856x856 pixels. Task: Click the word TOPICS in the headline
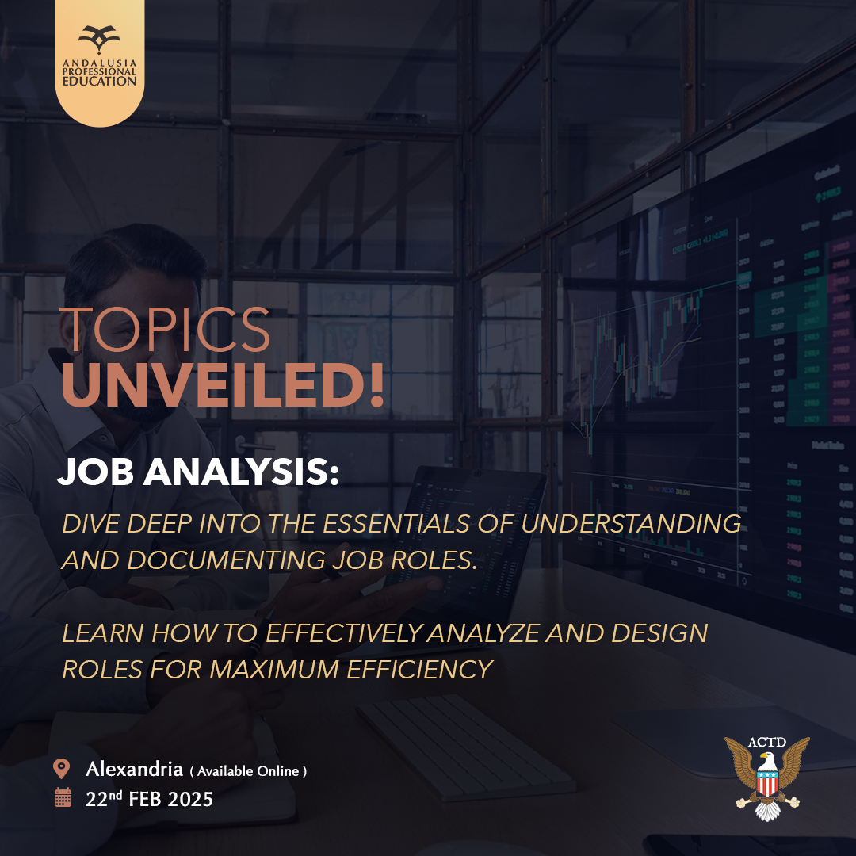(x=164, y=329)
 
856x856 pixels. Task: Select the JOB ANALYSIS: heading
(x=198, y=471)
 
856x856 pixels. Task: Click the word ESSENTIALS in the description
(x=396, y=524)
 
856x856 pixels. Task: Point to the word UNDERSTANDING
(x=631, y=524)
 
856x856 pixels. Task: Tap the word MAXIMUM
(x=274, y=669)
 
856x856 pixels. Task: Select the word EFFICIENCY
(x=420, y=669)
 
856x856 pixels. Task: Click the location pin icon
(x=62, y=768)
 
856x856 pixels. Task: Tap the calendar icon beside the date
(x=63, y=797)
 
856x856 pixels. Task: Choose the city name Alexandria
(x=134, y=769)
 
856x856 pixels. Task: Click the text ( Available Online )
(x=248, y=771)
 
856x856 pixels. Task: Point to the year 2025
(x=190, y=799)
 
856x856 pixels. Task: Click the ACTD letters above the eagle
(x=767, y=742)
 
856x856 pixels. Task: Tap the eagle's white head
(x=766, y=759)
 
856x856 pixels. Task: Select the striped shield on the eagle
(x=767, y=783)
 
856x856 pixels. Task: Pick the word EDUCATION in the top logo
(x=99, y=81)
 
